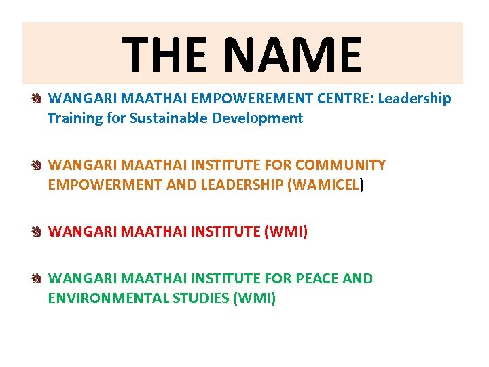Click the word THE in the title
(x=164, y=55)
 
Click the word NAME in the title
(x=295, y=55)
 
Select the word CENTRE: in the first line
(x=344, y=99)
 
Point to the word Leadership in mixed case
(x=414, y=99)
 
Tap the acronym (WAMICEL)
(x=327, y=185)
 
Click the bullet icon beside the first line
(x=37, y=99)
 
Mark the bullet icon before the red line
(x=37, y=232)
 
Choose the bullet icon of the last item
(x=37, y=279)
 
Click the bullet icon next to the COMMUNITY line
(x=37, y=166)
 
